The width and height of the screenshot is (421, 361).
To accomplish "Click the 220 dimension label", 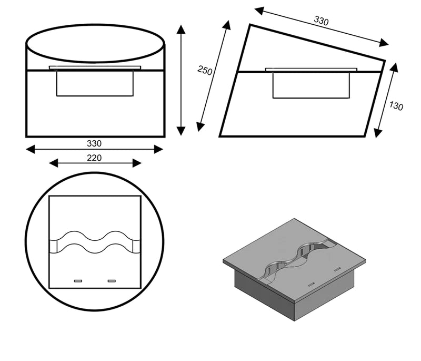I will pyautogui.click(x=95, y=157).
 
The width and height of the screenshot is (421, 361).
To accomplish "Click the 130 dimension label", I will pyautogui.click(x=396, y=105).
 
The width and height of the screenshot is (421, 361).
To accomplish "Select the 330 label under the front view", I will pyautogui.click(x=95, y=143).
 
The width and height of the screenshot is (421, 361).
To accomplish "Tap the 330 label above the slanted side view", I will pyautogui.click(x=321, y=21).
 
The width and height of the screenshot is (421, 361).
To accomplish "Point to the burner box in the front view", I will pyautogui.click(x=95, y=83).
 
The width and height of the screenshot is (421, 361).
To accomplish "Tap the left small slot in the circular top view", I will pyautogui.click(x=78, y=281).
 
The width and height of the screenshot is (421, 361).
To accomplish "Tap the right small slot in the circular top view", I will pyautogui.click(x=111, y=281).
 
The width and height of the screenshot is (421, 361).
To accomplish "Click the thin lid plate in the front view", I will pyautogui.click(x=95, y=67).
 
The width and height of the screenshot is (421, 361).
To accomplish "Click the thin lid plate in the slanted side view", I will pyautogui.click(x=311, y=70).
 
